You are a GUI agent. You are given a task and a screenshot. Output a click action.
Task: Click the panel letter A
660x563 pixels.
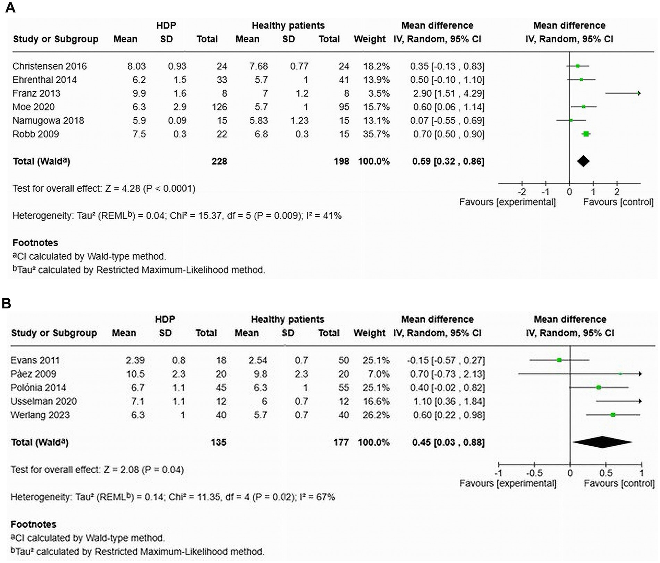tap(10, 7)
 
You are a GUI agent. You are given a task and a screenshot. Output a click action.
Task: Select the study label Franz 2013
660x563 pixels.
tap(36, 93)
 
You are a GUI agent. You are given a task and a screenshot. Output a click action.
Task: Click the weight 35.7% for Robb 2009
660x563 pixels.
tap(376, 134)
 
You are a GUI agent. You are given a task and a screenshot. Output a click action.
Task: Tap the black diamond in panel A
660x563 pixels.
tap(583, 161)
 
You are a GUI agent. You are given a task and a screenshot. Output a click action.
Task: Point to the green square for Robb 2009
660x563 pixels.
tap(586, 134)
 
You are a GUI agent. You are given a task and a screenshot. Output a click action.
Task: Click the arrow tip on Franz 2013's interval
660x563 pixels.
tap(639, 93)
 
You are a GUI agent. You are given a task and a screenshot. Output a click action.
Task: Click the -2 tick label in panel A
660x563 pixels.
tap(521, 192)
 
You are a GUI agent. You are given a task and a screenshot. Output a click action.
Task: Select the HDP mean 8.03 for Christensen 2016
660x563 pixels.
tap(136, 66)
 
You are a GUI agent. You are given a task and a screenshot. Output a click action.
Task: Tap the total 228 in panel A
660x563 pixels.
tap(219, 162)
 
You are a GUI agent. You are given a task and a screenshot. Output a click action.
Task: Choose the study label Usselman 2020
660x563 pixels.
tap(43, 401)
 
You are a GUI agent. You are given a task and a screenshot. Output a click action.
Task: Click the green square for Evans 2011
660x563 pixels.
tap(559, 360)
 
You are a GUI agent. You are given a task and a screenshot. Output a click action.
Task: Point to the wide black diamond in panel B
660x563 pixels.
tap(602, 442)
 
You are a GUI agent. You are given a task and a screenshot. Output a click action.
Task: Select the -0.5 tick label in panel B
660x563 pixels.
tap(534, 473)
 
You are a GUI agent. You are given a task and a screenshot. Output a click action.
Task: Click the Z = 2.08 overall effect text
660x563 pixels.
tap(121, 470)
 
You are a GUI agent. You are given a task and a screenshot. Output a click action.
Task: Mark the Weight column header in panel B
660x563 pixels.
tap(369, 333)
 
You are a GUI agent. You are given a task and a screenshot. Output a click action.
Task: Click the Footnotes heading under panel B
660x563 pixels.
tap(33, 524)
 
